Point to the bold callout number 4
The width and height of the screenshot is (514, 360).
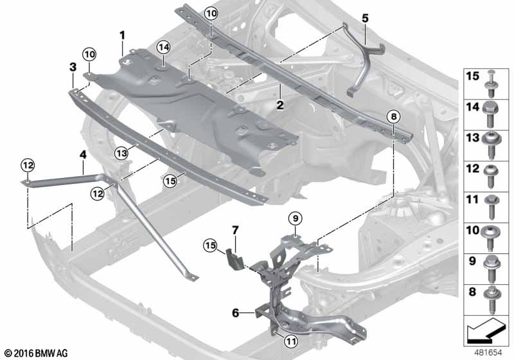(x=82, y=154)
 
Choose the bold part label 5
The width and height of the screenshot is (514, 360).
(x=364, y=18)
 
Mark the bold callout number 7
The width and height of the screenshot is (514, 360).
(x=235, y=230)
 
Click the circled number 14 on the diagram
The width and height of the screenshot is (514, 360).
(x=163, y=46)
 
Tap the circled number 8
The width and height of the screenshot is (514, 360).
(x=393, y=116)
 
